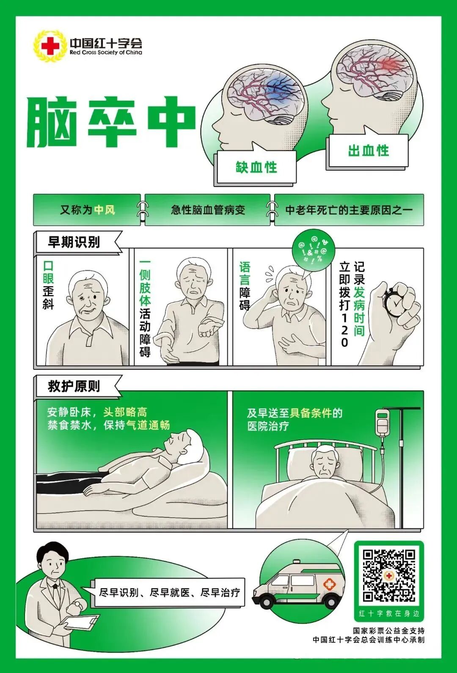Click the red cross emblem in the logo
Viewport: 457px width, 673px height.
coord(50,46)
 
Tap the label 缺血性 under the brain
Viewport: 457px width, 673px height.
coord(256,167)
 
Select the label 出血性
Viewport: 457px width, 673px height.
coord(368,151)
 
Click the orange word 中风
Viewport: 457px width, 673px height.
coord(105,210)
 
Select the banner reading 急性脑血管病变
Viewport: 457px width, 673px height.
coord(208,210)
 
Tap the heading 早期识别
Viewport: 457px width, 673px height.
coord(74,242)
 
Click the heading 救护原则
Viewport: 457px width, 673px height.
coord(74,386)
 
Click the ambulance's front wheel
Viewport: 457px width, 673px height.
coord(267,601)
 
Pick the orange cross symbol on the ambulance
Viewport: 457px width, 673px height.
coord(329,585)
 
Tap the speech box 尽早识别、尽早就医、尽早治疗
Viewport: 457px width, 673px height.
coord(169,592)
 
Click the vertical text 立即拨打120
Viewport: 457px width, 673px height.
coord(344,305)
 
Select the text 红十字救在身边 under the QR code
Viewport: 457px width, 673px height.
coord(388,613)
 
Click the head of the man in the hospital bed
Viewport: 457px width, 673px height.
coord(324,461)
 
